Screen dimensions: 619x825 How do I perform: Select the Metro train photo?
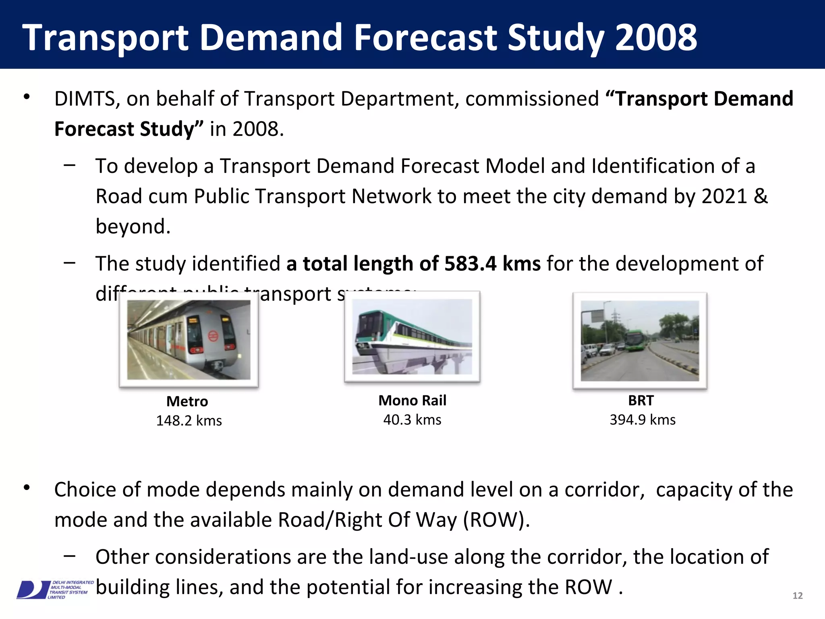click(x=189, y=340)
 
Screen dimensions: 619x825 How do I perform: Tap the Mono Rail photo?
click(x=412, y=337)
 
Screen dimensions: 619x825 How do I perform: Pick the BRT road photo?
click(x=640, y=341)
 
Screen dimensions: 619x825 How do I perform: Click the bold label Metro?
click(x=187, y=401)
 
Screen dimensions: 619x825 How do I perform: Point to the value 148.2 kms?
click(x=189, y=421)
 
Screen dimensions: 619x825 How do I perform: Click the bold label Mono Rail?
click(x=412, y=400)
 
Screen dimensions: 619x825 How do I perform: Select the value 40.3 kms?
click(x=412, y=420)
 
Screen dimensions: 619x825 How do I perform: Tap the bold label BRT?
click(x=641, y=400)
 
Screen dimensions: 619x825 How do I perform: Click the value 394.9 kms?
click(x=643, y=420)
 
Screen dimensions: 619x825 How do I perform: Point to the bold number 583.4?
click(x=470, y=264)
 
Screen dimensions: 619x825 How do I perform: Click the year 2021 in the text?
click(x=724, y=197)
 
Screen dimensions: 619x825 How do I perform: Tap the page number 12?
click(x=797, y=596)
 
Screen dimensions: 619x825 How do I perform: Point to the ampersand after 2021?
click(x=761, y=197)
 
